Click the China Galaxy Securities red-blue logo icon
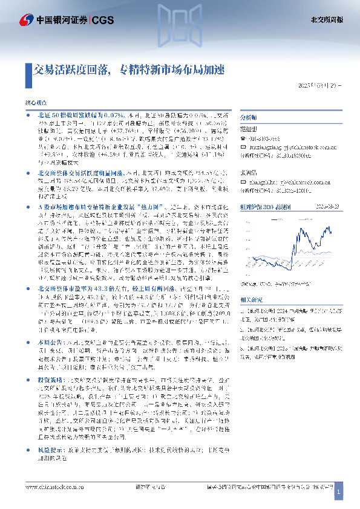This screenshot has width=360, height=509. [26, 19]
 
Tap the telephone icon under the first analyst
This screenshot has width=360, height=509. [243, 138]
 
